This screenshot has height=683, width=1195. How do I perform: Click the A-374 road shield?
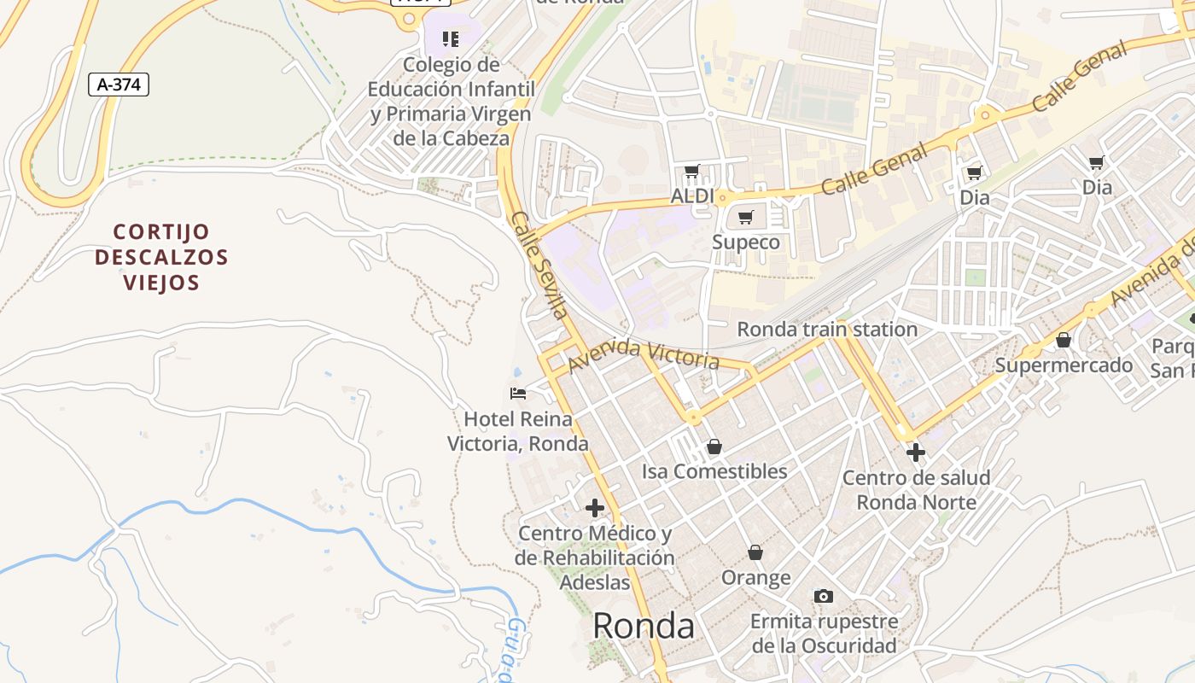(x=119, y=85)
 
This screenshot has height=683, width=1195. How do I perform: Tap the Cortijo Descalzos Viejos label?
(x=161, y=257)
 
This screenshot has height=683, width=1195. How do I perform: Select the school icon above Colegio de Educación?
(x=451, y=38)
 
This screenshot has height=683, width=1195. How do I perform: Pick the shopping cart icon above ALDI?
(x=692, y=172)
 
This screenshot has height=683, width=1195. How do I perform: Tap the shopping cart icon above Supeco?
(x=746, y=218)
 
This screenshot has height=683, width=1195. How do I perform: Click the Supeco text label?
(x=746, y=242)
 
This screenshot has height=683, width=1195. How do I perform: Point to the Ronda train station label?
(x=827, y=330)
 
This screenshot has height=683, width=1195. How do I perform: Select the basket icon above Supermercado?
(x=1064, y=341)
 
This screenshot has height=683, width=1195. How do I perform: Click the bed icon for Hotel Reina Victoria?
(x=518, y=394)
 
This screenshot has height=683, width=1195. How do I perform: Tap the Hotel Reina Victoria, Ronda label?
(x=518, y=431)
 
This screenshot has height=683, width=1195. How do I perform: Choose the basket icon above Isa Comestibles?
(x=714, y=447)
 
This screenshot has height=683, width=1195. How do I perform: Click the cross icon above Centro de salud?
(x=916, y=452)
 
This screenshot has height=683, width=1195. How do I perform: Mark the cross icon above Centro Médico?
(x=595, y=509)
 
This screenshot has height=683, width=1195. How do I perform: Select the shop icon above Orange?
(x=755, y=553)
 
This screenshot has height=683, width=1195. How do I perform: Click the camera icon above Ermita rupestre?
(x=824, y=597)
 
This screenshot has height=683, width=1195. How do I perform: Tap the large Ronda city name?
(x=643, y=626)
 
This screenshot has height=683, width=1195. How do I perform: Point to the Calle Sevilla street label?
(x=539, y=266)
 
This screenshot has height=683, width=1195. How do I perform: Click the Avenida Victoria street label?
(x=644, y=353)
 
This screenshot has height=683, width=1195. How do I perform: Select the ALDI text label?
(x=691, y=196)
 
